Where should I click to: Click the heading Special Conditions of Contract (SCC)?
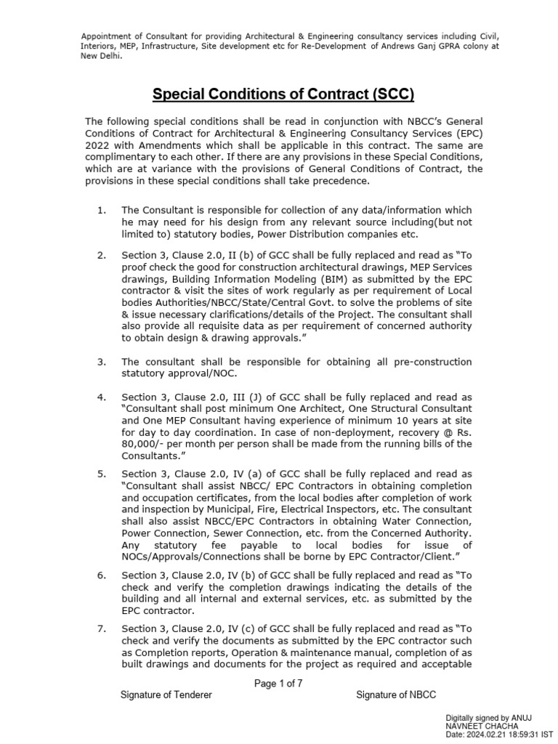point(283,94)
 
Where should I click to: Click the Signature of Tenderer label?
point(166,695)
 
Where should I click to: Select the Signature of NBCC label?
point(396,695)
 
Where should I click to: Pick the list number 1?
point(102,211)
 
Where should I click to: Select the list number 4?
point(102,397)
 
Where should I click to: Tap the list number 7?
point(102,628)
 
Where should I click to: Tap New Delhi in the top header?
point(101,56)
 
